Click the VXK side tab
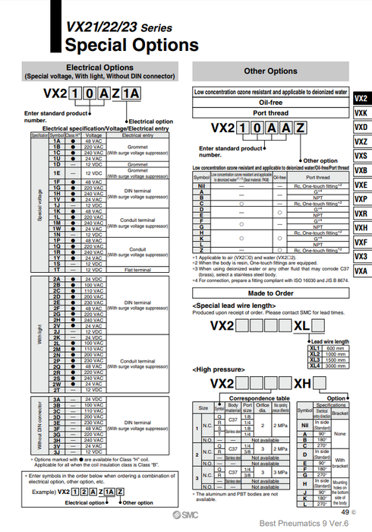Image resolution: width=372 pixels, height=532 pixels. (x=361, y=112)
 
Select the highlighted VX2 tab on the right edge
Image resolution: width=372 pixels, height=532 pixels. (x=361, y=98)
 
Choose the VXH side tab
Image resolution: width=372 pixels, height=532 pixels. (x=361, y=228)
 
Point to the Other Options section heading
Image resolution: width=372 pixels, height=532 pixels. (x=270, y=71)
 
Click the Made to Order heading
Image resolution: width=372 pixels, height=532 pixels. (x=270, y=293)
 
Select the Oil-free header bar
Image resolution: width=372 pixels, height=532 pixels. (x=270, y=102)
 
